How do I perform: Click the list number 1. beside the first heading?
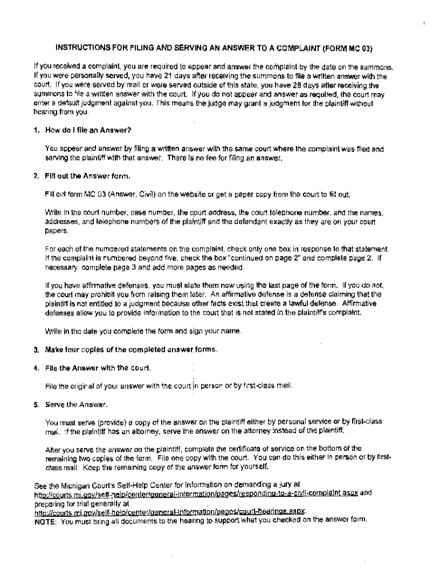tap(36, 130)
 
